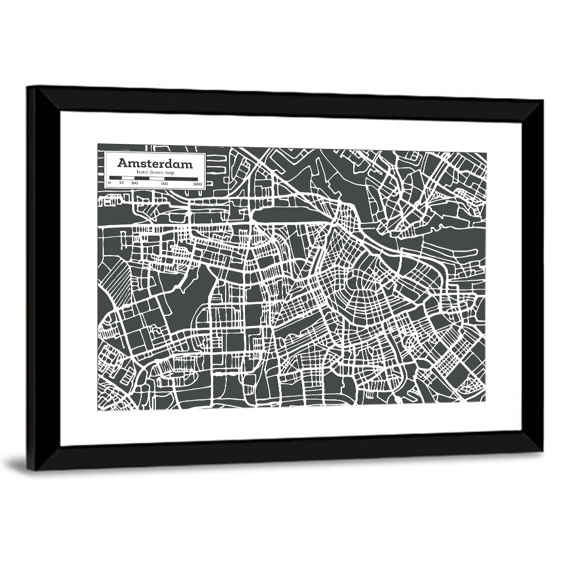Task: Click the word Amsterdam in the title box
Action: tap(155, 163)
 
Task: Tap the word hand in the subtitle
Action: tap(140, 172)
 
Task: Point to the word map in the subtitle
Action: tap(170, 172)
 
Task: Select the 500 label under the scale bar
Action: tap(164, 184)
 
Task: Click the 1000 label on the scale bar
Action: tap(197, 184)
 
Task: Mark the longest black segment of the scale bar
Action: tap(181, 179)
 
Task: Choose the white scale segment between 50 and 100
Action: tap(128, 179)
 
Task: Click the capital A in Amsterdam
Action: tap(122, 163)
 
